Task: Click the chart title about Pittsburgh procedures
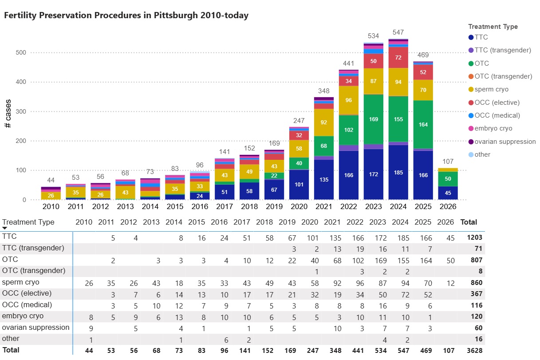[126, 16]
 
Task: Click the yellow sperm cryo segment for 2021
[324, 122]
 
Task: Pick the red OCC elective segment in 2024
[398, 58]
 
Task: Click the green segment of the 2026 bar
[448, 178]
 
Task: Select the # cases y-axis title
[8, 114]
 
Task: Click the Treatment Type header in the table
[28, 222]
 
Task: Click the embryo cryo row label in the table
[24, 316]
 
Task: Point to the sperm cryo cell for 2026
[451, 282]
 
